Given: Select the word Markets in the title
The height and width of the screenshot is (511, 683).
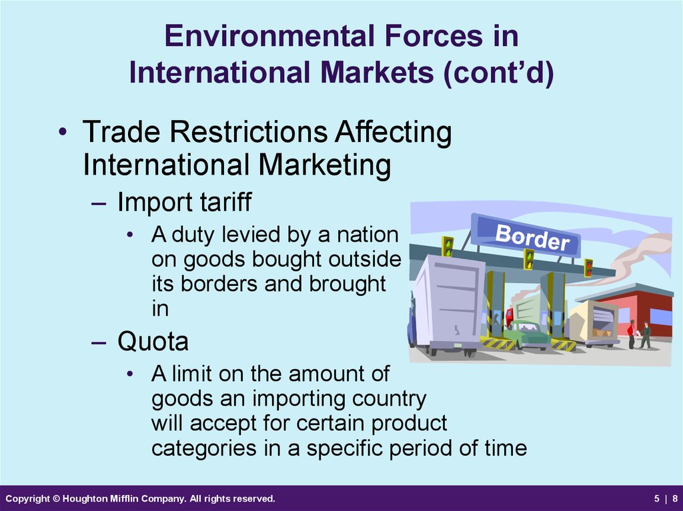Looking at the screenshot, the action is [377, 72].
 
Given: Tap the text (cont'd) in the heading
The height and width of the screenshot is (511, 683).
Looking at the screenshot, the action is [498, 73].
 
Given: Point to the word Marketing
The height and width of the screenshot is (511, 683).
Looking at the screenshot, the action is [324, 166].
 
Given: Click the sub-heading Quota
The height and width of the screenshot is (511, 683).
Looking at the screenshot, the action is [153, 341].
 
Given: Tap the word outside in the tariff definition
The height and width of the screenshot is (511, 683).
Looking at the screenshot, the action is [365, 259].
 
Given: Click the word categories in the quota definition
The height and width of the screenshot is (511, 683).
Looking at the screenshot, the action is [203, 449].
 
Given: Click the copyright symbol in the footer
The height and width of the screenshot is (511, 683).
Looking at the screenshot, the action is [56, 498].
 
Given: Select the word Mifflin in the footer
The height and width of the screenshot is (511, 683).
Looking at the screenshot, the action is [119, 498].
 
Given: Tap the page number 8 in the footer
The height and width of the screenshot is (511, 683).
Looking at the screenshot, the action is [675, 498].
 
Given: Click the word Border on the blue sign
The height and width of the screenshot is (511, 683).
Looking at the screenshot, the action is [532, 238].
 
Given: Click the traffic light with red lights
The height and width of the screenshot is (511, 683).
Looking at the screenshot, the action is [588, 268].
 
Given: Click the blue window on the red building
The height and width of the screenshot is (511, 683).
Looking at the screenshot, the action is [661, 316].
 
